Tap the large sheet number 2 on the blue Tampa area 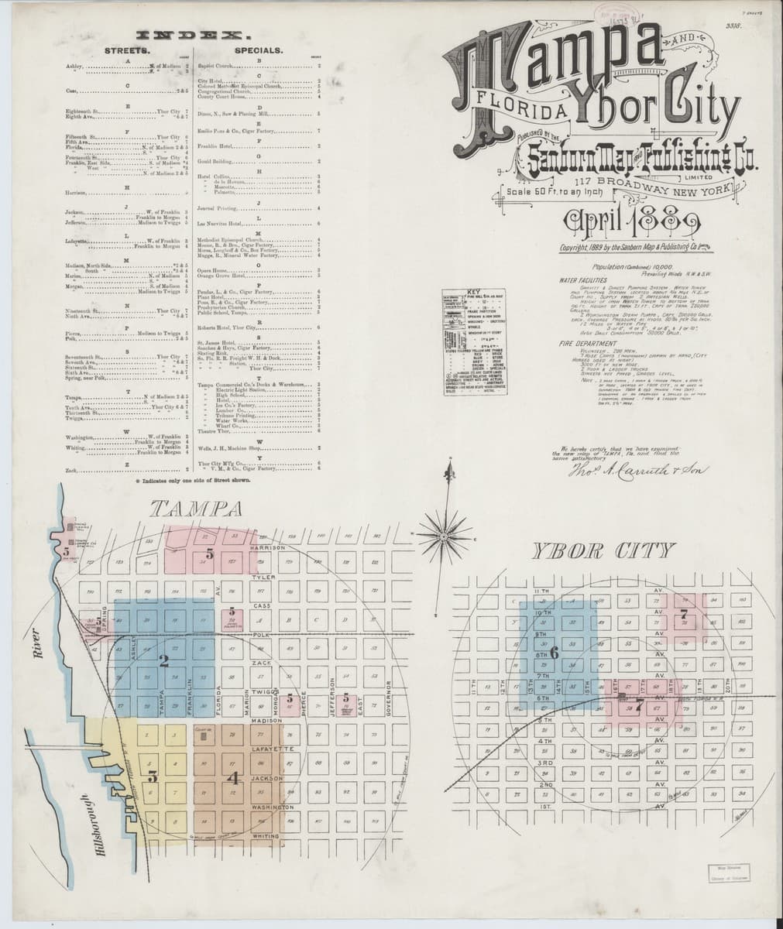(x=163, y=661)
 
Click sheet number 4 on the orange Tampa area (x=234, y=778)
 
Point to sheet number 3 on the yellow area (x=153, y=778)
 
